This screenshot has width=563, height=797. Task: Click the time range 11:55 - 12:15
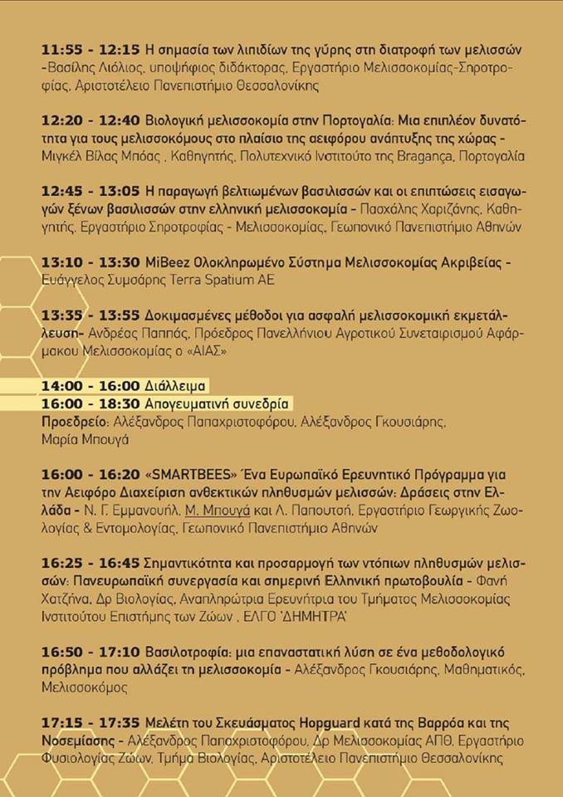pos(91,48)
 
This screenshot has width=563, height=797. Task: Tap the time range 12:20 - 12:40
pos(91,119)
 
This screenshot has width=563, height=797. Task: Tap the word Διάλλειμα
pos(175,386)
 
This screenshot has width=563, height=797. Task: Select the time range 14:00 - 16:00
pos(91,386)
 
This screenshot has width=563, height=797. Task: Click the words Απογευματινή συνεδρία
pos(218,403)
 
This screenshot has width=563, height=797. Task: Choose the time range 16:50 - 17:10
pos(91,653)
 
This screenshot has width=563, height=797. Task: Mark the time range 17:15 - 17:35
pos(91,723)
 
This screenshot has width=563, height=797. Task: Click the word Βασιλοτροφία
pos(186,653)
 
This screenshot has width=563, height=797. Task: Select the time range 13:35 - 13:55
pos(91,315)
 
